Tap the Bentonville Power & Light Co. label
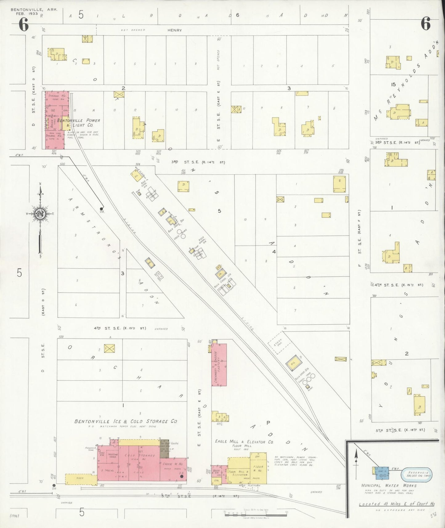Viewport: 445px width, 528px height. tap(79, 123)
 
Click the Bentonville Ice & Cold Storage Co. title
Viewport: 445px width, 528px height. tap(126, 421)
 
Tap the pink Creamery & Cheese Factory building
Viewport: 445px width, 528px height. tap(219, 365)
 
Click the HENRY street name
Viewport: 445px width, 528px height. tap(175, 30)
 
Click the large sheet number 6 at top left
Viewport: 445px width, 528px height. tap(24, 25)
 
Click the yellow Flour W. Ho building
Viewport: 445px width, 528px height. tap(258, 468)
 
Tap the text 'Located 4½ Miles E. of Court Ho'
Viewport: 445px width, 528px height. tap(397, 504)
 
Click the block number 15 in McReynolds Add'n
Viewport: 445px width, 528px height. tap(393, 84)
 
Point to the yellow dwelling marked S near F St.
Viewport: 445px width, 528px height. tap(340, 184)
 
